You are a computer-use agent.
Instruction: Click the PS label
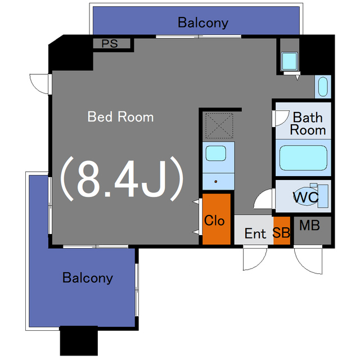[x=110, y=44]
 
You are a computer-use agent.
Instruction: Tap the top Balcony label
[x=203, y=22]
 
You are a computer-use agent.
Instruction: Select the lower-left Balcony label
[x=88, y=278]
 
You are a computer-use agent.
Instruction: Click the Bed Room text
[x=120, y=116]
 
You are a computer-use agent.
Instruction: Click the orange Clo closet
[x=216, y=219]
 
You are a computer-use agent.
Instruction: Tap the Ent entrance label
[x=255, y=234]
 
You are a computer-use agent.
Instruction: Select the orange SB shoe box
[x=282, y=231]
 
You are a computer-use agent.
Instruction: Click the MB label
[x=309, y=226]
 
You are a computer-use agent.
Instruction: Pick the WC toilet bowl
[x=306, y=197]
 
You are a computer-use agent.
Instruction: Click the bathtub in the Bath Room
[x=303, y=157]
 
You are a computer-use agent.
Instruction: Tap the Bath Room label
[x=308, y=124]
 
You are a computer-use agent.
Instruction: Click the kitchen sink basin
[x=216, y=153]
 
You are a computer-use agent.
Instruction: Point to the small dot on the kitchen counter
[x=216, y=182]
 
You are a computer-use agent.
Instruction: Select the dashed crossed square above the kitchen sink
[x=219, y=125]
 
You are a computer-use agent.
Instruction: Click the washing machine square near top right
[x=290, y=61]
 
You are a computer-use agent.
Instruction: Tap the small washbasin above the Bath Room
[x=323, y=87]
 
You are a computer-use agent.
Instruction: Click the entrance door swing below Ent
[x=255, y=258]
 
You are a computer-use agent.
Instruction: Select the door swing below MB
[x=308, y=260]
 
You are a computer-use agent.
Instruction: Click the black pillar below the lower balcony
[x=79, y=341]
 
